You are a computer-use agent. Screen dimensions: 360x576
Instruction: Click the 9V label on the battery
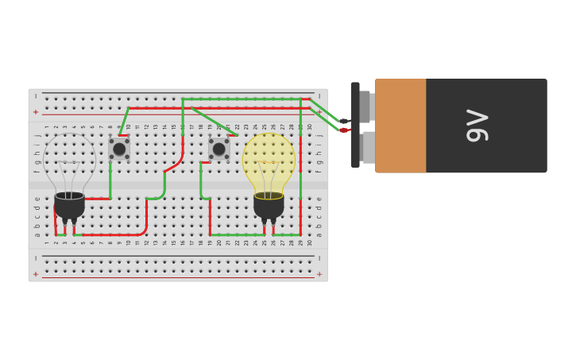point(477,126)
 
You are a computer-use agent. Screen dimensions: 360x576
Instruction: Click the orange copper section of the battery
point(400,126)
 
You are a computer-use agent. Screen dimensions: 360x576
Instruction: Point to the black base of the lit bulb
point(269,206)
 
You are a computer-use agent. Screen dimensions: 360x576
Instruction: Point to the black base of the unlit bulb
point(69,206)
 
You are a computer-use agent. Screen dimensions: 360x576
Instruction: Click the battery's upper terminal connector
point(365,106)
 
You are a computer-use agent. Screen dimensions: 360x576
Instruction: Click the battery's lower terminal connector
point(368,147)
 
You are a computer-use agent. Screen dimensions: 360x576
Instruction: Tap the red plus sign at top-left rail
point(36,112)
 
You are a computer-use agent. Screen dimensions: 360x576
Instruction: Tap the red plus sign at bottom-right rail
point(319,274)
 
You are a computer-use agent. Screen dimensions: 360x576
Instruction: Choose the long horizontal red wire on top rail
point(215,108)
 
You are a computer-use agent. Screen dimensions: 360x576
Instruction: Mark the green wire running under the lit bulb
point(254,235)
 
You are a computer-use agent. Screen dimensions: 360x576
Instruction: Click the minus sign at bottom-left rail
point(36,258)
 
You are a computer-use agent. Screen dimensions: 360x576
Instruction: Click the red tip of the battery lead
point(343,130)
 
